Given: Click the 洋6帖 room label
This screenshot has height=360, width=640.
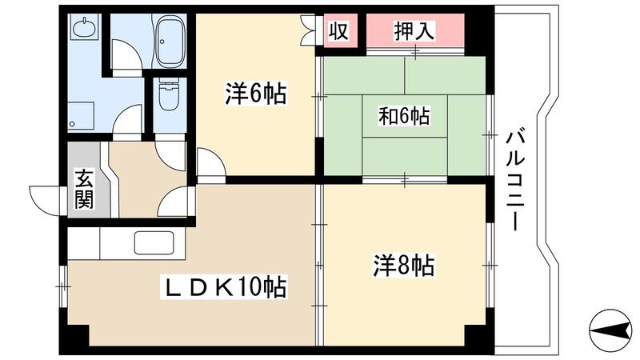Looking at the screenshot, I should [x=255, y=94].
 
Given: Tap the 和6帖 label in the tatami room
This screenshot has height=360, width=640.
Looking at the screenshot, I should [x=404, y=117].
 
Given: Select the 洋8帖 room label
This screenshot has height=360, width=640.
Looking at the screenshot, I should [x=404, y=265].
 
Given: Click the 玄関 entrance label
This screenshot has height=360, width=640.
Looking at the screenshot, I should [x=84, y=189].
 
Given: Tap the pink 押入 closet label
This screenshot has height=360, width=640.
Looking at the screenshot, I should [x=414, y=31].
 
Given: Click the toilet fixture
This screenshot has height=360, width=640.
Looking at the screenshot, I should [x=167, y=98].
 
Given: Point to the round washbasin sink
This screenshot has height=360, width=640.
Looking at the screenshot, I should [x=84, y=30].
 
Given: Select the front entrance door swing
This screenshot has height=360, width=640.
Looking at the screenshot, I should [x=46, y=197].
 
